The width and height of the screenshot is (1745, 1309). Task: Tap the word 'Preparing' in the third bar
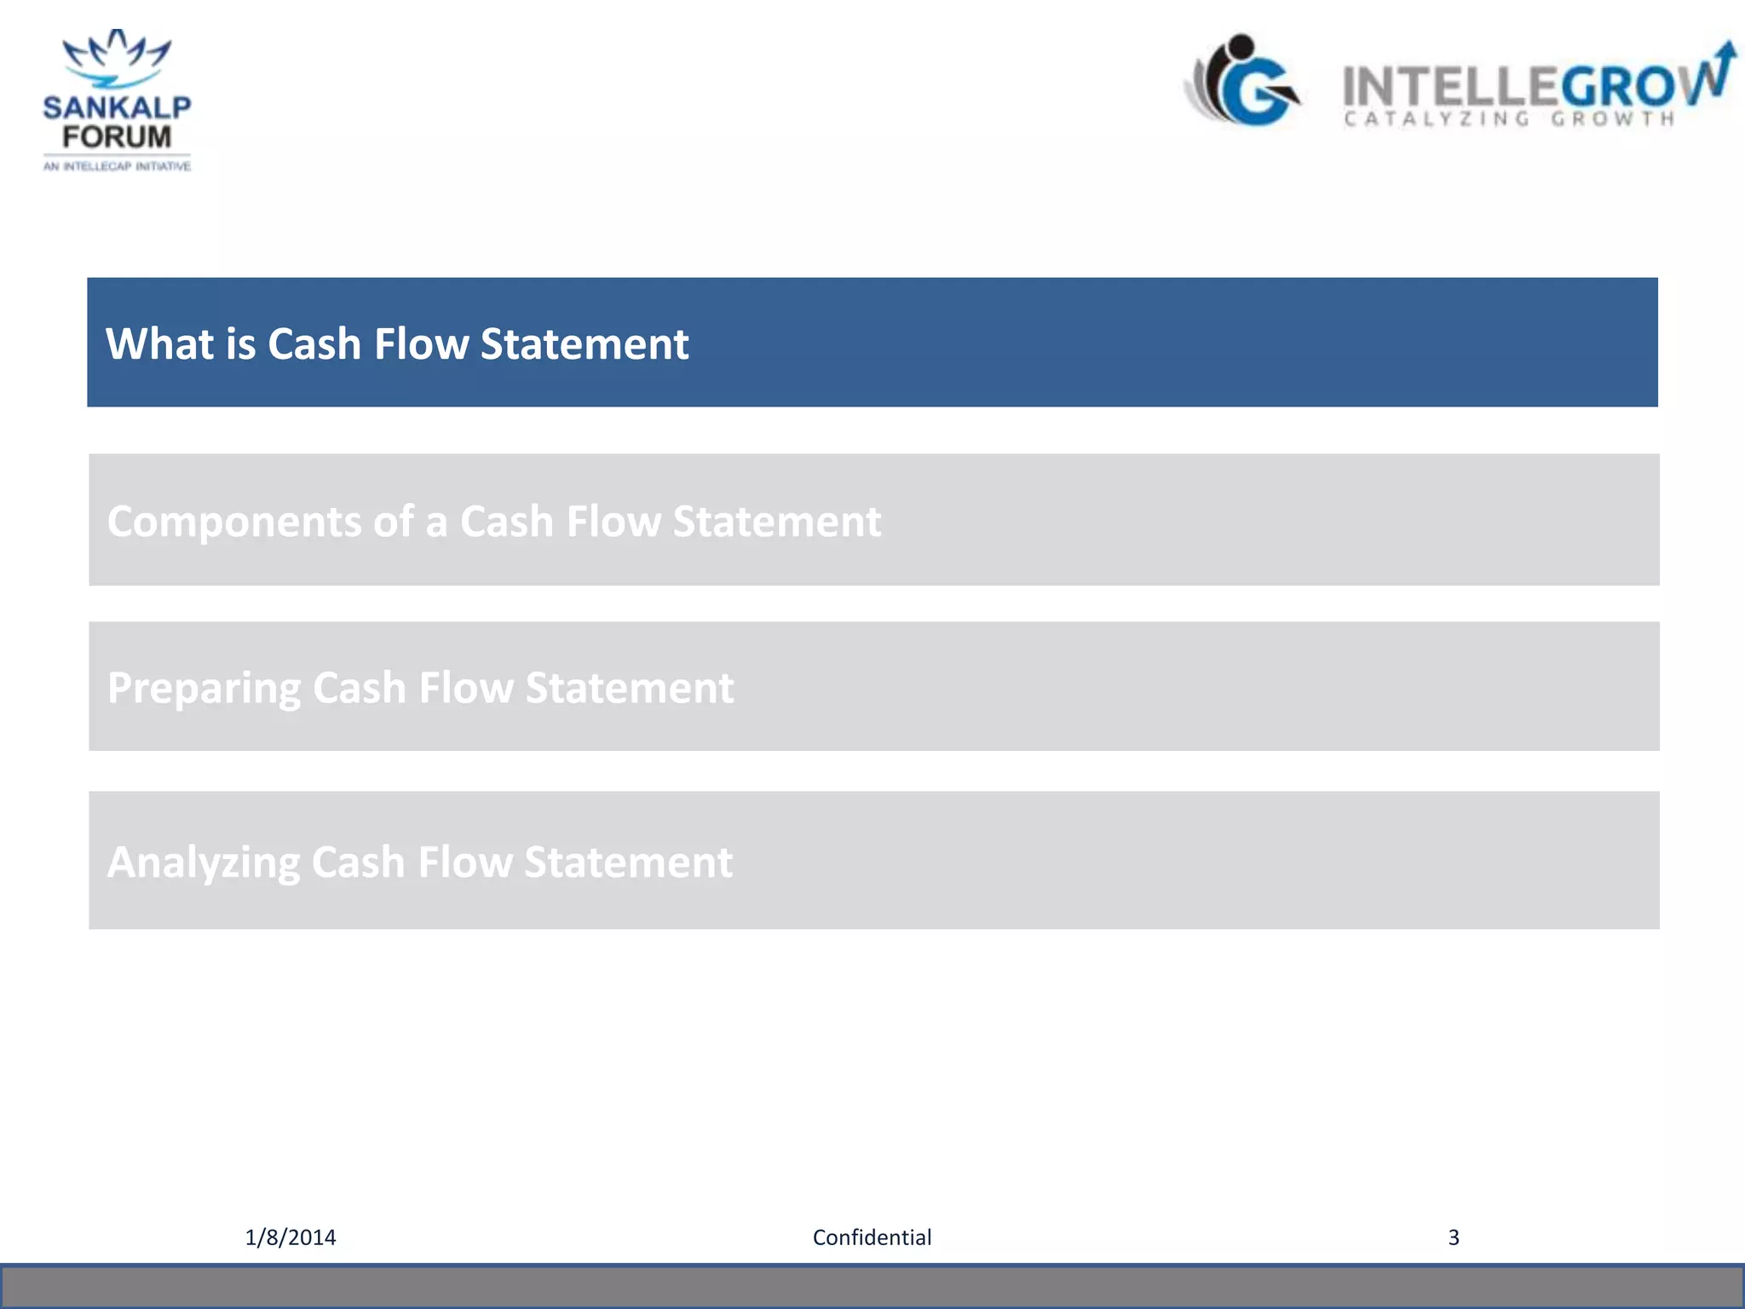tap(204, 689)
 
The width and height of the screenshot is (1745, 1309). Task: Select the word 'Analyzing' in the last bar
tap(203, 862)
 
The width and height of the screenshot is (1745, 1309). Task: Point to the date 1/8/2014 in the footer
tap(291, 1237)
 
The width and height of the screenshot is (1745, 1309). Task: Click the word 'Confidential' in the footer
tap(872, 1237)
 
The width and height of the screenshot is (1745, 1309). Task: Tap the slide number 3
tap(1454, 1237)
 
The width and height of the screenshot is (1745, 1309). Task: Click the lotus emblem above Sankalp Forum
tap(117, 58)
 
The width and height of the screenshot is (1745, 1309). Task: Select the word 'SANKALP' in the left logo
tap(117, 107)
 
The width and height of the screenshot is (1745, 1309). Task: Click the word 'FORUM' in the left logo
tap(117, 136)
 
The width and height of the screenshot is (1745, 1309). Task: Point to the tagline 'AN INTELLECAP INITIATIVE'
tap(117, 166)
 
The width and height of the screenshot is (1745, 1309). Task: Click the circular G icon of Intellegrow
tap(1246, 83)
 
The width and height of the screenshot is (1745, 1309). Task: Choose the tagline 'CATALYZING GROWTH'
tap(1508, 119)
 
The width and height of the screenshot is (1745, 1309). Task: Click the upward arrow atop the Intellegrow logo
tap(1725, 58)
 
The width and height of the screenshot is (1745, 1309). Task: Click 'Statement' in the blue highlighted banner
tap(585, 343)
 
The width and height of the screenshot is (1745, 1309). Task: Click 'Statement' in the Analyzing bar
tap(628, 862)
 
